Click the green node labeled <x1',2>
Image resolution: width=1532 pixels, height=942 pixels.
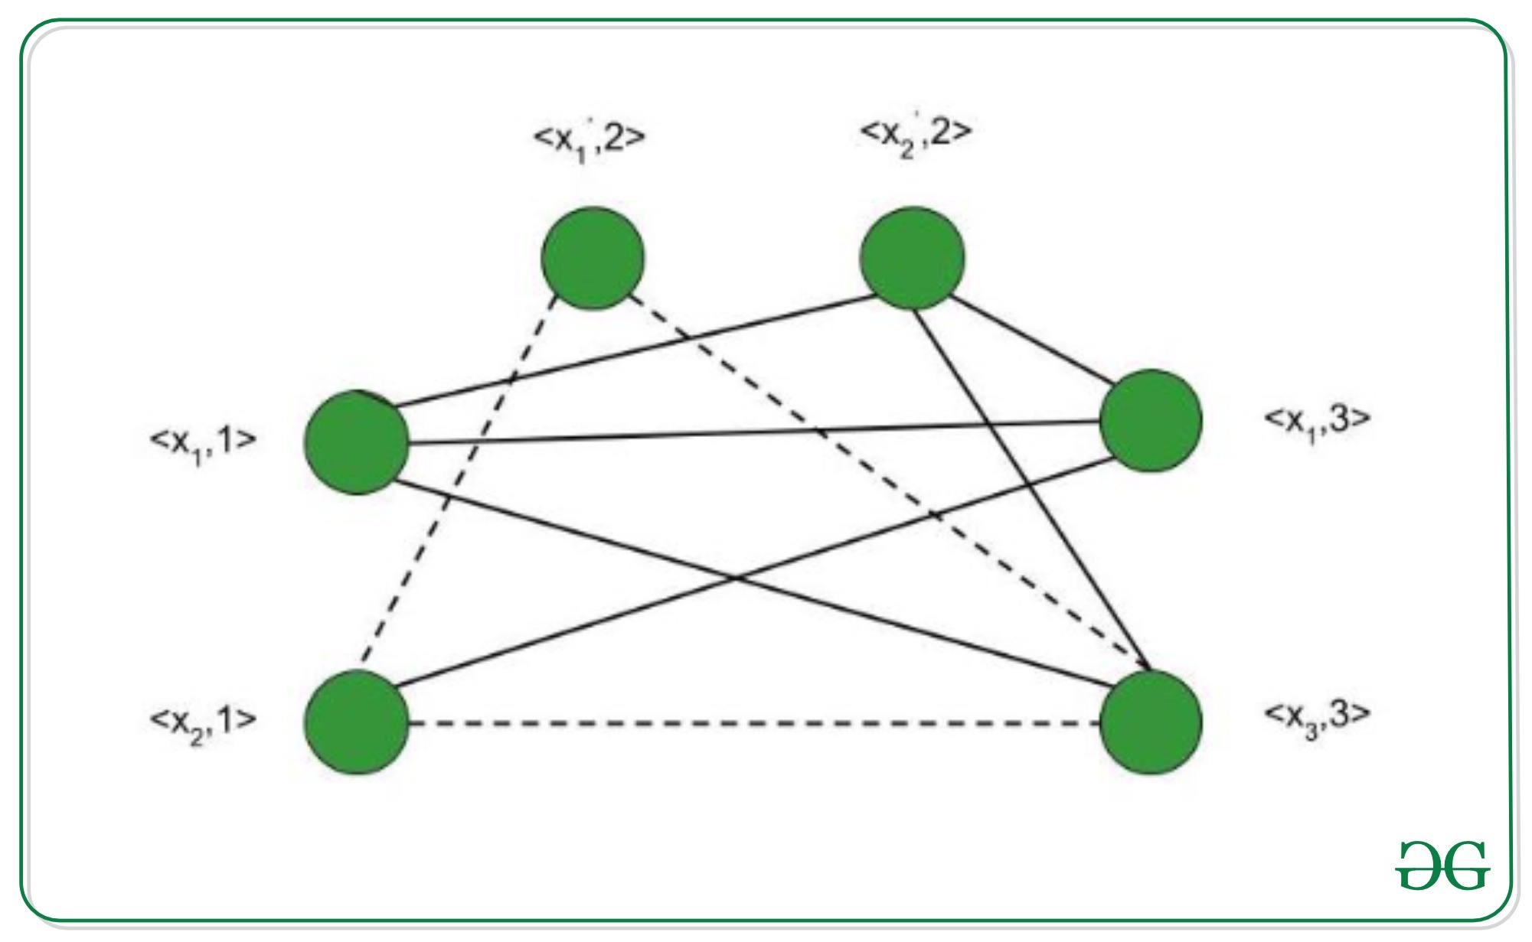tap(593, 259)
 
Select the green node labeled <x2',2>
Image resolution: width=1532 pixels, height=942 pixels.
tap(911, 259)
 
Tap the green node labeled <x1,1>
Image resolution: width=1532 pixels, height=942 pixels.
tap(356, 442)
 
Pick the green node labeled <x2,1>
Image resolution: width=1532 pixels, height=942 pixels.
tap(356, 722)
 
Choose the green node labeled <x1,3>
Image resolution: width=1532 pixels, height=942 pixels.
tap(1150, 421)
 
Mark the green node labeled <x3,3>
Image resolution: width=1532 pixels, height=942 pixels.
tap(1150, 722)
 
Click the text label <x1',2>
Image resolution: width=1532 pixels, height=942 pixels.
tap(589, 139)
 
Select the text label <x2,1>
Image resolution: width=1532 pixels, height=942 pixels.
tap(203, 721)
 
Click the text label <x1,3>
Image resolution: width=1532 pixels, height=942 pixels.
tap(1315, 420)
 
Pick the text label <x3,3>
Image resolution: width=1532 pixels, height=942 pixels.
tap(1315, 715)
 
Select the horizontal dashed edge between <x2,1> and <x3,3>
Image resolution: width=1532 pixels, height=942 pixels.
tap(754, 722)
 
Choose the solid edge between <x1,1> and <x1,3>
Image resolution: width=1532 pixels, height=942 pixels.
tap(754, 432)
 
